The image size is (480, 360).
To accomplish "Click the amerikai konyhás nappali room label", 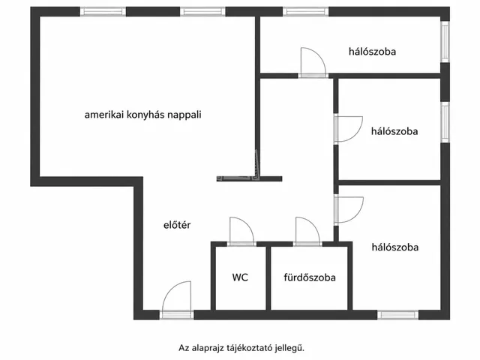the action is [x=143, y=115].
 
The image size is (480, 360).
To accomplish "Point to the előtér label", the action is [x=177, y=225].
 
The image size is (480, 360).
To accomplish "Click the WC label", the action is [x=240, y=277].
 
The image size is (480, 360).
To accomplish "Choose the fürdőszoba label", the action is [x=310, y=277].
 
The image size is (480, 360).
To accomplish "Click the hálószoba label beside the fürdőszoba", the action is [x=395, y=247].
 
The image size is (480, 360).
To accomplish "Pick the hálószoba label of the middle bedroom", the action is [x=394, y=131].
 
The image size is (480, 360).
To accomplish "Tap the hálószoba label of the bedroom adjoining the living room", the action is [x=372, y=51].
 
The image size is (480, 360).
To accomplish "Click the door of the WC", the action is [x=241, y=232].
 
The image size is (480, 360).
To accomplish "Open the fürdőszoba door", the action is [x=307, y=232].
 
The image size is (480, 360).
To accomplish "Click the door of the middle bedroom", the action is [x=348, y=129].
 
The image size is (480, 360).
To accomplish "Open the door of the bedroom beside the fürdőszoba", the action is [x=349, y=210].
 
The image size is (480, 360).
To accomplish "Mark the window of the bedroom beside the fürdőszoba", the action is [x=397, y=315].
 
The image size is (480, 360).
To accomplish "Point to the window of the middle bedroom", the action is [x=445, y=121].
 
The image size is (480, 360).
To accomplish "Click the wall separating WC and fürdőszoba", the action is [x=268, y=278].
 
